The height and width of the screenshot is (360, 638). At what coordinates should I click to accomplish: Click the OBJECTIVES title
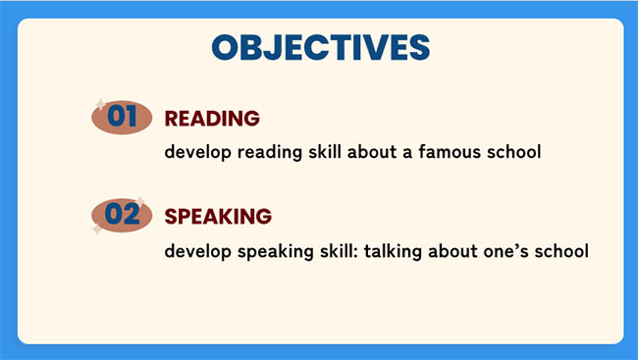tap(321, 47)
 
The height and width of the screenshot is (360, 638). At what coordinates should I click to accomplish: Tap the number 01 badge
tap(122, 117)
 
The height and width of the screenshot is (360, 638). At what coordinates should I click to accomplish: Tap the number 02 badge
tap(122, 215)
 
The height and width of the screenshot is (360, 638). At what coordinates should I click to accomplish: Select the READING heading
tap(212, 119)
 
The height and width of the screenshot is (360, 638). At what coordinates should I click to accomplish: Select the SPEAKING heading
tap(218, 216)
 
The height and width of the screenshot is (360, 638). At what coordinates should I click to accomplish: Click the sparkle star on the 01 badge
tap(98, 103)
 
